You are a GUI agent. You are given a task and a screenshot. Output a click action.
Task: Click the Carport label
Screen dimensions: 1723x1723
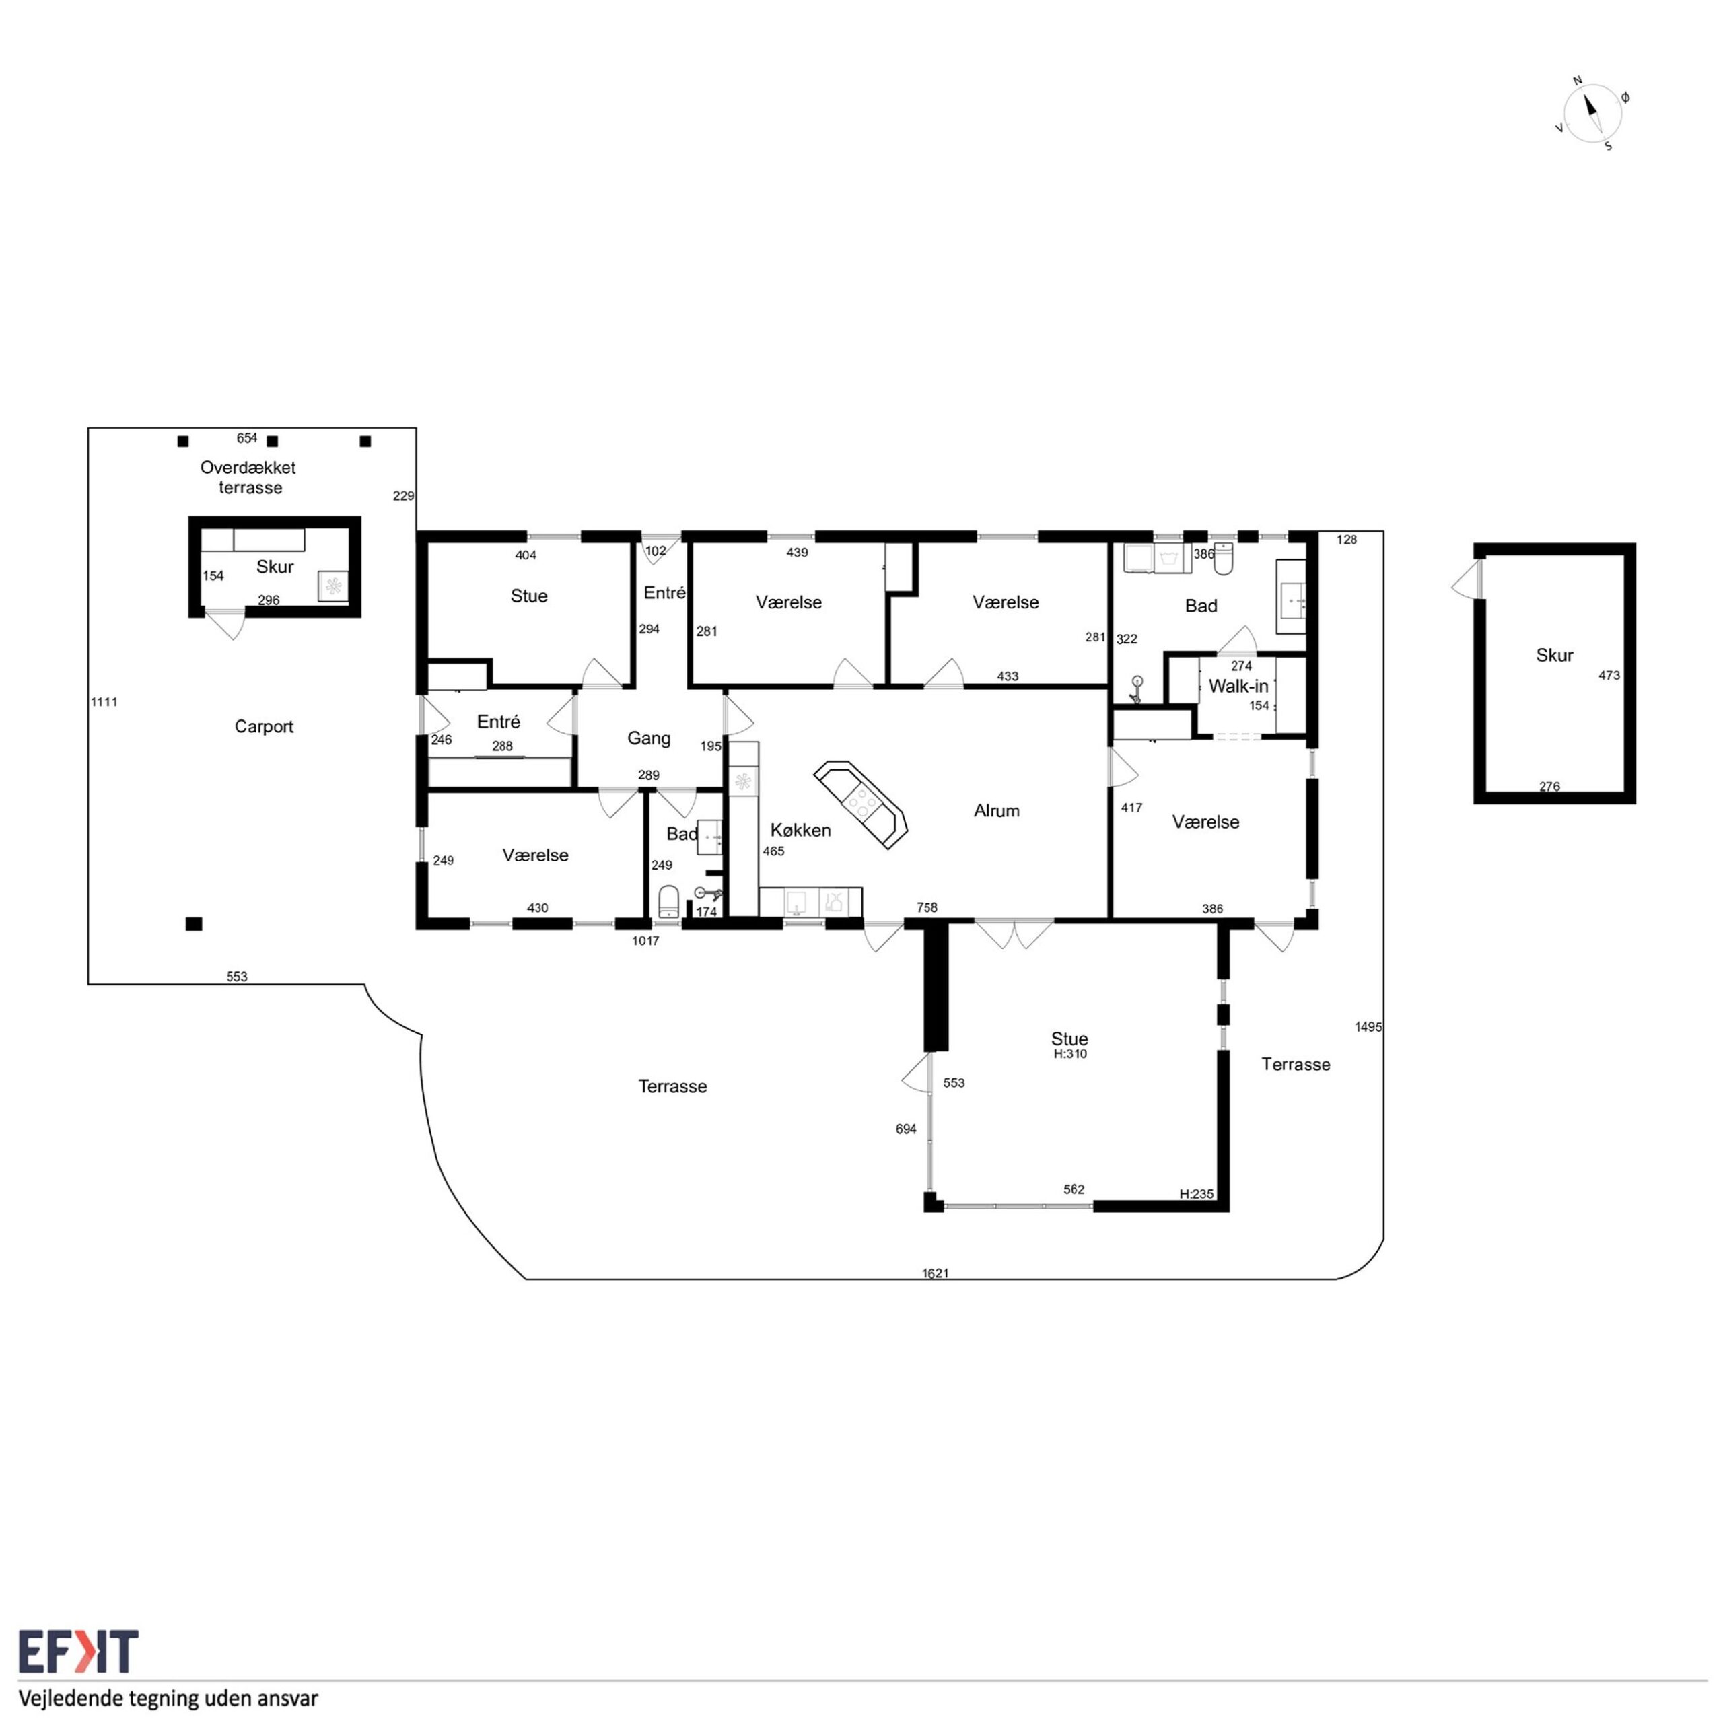(x=264, y=727)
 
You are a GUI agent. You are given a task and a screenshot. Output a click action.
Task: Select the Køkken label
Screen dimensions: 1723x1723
(x=801, y=831)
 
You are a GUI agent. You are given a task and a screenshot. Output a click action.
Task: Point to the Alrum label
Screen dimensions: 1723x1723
(x=996, y=810)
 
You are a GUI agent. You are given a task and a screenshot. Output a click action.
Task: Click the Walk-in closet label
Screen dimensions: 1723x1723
(x=1238, y=687)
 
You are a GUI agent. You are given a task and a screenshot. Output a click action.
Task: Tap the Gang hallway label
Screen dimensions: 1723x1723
(x=648, y=738)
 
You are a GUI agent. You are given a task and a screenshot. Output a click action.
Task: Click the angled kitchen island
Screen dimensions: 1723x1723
(x=861, y=804)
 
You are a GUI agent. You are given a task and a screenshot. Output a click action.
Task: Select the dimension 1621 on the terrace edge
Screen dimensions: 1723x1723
(x=936, y=1273)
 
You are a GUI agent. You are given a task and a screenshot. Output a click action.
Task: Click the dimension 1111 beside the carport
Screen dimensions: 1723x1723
(x=104, y=702)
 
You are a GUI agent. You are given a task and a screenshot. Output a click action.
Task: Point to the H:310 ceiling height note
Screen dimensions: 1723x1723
(x=1070, y=1054)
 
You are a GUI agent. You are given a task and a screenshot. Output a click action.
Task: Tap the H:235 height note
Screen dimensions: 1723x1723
(x=1196, y=1194)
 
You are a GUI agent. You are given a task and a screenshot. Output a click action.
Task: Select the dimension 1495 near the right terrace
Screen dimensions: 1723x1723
(x=1368, y=1027)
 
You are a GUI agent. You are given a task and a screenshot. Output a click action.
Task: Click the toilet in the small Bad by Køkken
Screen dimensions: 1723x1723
(x=669, y=902)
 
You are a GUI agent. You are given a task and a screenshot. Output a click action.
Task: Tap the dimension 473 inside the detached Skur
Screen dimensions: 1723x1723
(x=1609, y=676)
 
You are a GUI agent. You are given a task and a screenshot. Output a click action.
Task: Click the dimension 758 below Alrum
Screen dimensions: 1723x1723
(x=927, y=908)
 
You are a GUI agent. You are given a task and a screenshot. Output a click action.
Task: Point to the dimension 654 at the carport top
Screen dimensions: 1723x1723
(x=247, y=438)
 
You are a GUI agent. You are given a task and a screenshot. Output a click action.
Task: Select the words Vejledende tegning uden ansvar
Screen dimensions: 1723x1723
(x=168, y=1697)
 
